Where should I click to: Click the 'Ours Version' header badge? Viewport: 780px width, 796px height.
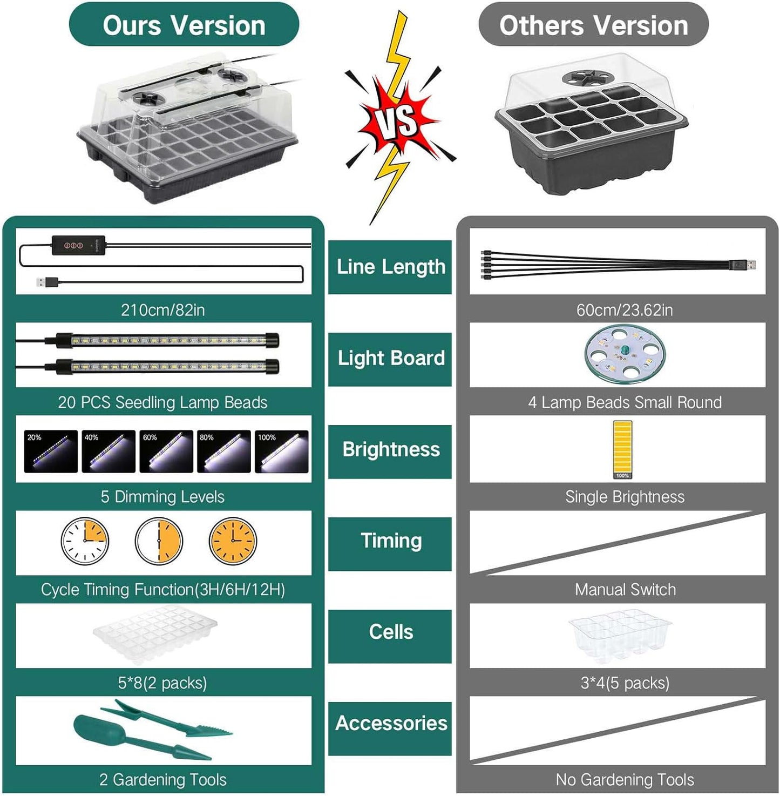[184, 25]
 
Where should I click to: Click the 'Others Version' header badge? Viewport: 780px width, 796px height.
[593, 25]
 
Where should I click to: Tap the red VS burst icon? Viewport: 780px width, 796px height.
[398, 120]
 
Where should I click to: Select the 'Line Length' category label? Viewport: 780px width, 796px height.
[390, 267]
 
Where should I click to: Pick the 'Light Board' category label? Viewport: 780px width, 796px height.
[390, 359]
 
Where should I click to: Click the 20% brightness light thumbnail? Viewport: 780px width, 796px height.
[51, 451]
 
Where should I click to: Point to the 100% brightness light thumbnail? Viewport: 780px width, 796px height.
[281, 451]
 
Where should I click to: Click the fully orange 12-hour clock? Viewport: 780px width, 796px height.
[233, 541]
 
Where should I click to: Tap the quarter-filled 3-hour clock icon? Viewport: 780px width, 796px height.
[85, 541]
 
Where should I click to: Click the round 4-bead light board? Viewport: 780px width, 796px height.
[625, 354]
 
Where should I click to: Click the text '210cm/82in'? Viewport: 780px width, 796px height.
[162, 310]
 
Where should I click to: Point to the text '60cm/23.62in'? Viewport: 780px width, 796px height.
[625, 310]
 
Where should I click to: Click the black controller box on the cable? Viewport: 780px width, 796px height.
[78, 245]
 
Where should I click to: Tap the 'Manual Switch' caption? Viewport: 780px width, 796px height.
[625, 589]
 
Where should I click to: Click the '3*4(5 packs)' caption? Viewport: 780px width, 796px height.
[625, 683]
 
